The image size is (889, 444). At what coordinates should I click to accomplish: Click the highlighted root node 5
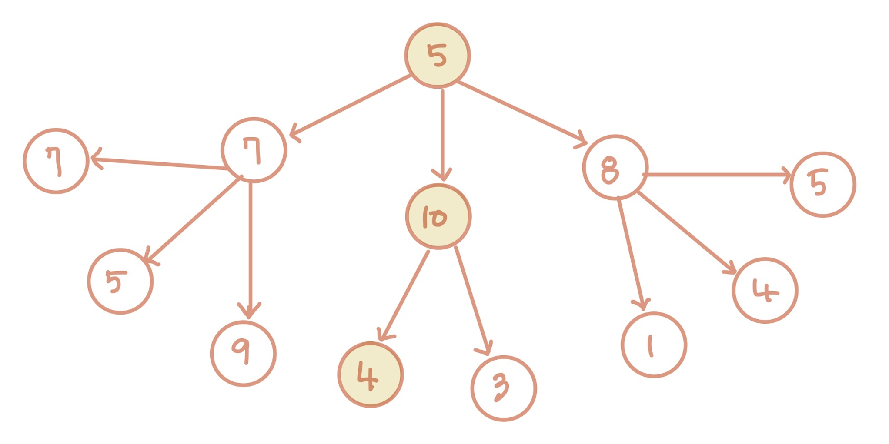(437, 56)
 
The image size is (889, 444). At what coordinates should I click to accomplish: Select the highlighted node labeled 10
(438, 216)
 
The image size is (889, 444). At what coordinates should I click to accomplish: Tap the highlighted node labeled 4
(371, 374)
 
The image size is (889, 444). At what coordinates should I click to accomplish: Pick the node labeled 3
(504, 388)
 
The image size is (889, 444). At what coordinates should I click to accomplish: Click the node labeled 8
(615, 168)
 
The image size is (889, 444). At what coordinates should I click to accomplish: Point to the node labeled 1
(654, 345)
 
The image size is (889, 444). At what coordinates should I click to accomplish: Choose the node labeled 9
(243, 353)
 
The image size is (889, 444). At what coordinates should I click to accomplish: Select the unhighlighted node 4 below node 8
(765, 290)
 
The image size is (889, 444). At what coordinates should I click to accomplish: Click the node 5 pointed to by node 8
(822, 184)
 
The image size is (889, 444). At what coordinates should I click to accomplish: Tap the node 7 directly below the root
(254, 150)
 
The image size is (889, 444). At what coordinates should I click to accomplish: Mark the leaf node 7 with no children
(56, 161)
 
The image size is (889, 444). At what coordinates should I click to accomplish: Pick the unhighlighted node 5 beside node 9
(120, 281)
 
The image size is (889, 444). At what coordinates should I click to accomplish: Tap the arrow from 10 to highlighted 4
(404, 295)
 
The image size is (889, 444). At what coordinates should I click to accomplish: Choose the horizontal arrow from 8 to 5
(718, 175)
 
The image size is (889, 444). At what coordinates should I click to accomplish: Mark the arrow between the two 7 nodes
(159, 163)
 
